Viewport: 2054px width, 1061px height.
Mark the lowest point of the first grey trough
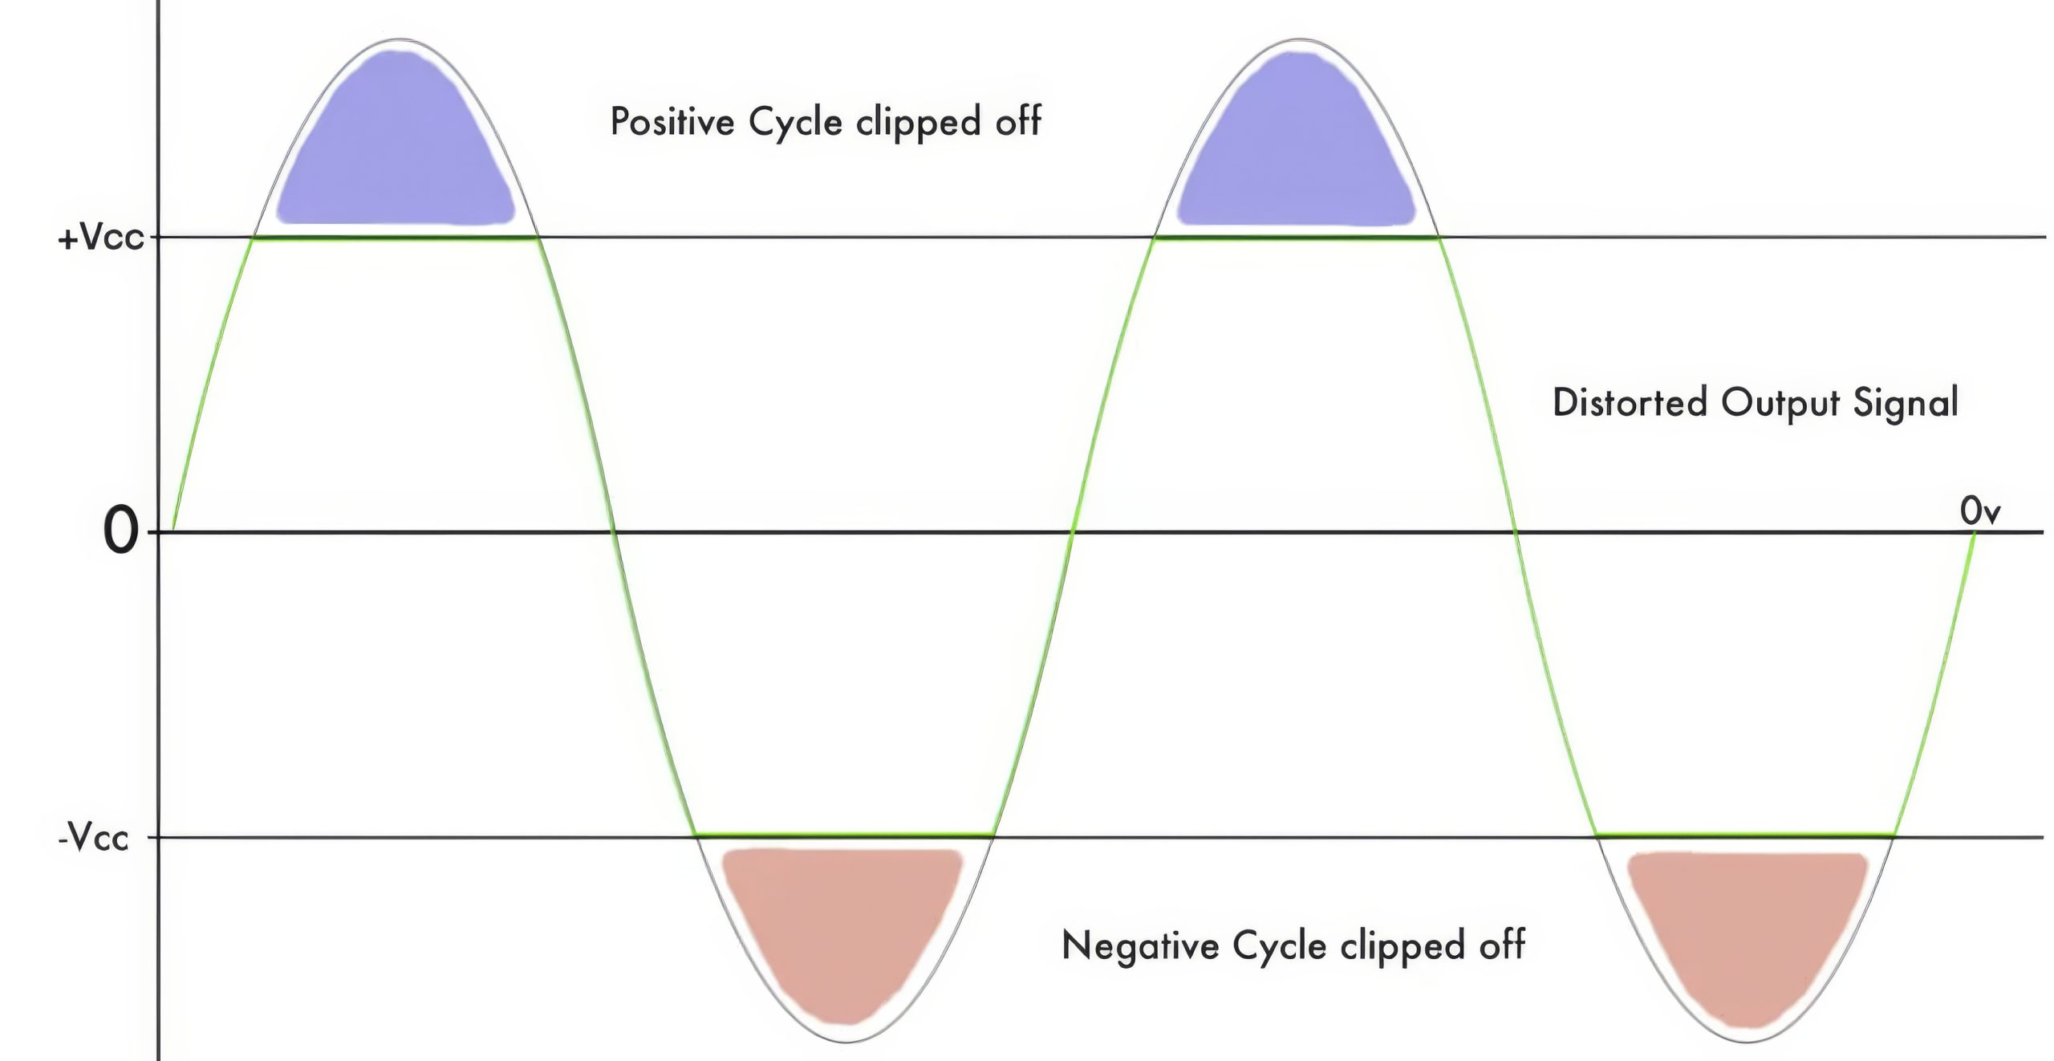coord(847,1042)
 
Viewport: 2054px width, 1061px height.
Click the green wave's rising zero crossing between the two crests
coord(1074,531)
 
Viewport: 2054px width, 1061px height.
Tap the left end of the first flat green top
coord(254,238)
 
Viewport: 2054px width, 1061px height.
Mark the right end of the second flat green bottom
coord(1895,836)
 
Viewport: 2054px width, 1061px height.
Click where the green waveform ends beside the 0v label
coord(1974,531)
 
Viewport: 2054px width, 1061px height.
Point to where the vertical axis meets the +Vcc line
coord(158,238)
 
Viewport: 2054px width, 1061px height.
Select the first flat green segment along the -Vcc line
coord(845,836)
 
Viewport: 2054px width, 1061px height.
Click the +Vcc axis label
coord(100,238)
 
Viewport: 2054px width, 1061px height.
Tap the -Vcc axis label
coord(93,838)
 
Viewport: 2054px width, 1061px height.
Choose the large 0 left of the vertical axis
coord(120,532)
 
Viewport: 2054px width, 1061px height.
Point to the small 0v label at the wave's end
coord(1979,511)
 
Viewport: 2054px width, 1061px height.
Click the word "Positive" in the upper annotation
coord(672,122)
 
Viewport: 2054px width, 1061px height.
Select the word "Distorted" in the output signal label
coord(1630,402)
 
